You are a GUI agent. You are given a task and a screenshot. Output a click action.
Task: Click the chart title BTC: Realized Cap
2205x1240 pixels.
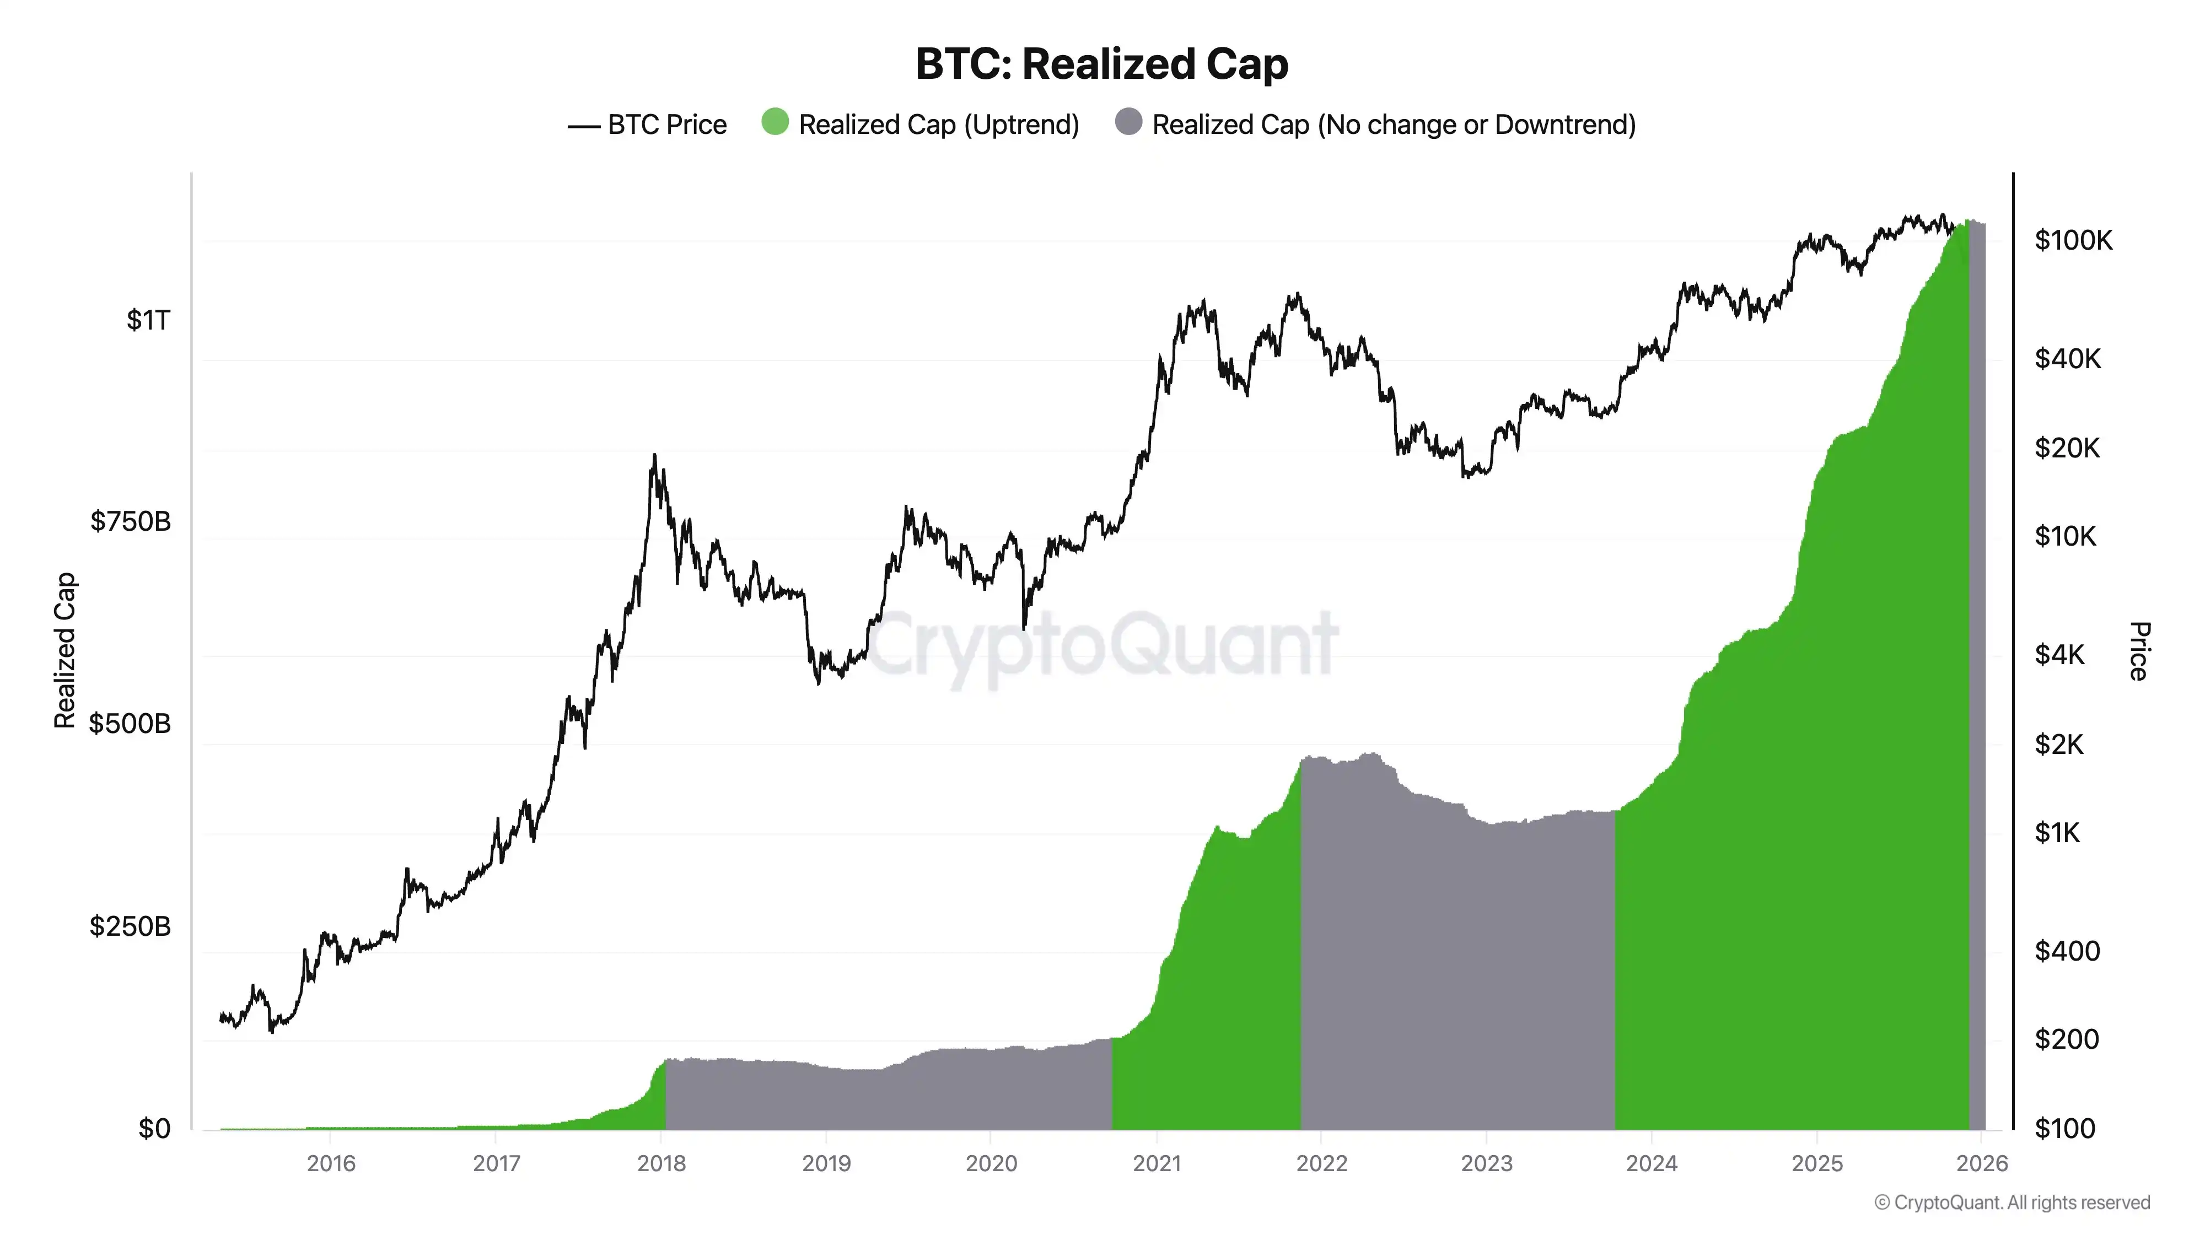pyautogui.click(x=1101, y=64)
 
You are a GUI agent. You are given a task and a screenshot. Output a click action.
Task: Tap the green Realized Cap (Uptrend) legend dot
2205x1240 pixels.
pyautogui.click(x=775, y=122)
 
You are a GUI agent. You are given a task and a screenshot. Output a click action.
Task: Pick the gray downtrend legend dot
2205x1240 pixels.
pyautogui.click(x=1128, y=122)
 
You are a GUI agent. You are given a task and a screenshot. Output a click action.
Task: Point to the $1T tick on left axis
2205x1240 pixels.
pyautogui.click(x=148, y=320)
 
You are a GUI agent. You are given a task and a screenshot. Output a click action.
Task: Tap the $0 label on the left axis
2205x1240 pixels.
pyautogui.click(x=154, y=1129)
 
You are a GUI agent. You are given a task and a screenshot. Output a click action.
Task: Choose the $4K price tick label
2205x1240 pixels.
pyautogui.click(x=2059, y=655)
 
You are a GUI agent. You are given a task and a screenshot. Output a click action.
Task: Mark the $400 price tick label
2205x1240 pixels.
pyautogui.click(x=2066, y=951)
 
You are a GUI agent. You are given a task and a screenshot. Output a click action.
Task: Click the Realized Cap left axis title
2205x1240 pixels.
pyautogui.click(x=65, y=650)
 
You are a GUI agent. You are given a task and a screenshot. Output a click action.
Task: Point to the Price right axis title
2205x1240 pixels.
pyautogui.click(x=2138, y=650)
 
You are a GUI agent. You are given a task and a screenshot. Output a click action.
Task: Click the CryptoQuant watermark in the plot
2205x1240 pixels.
pyautogui.click(x=1102, y=644)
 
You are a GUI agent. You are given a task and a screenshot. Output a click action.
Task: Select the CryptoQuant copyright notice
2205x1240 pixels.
pyautogui.click(x=2012, y=1203)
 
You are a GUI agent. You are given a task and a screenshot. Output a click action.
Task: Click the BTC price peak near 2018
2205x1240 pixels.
pyautogui.click(x=655, y=456)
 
